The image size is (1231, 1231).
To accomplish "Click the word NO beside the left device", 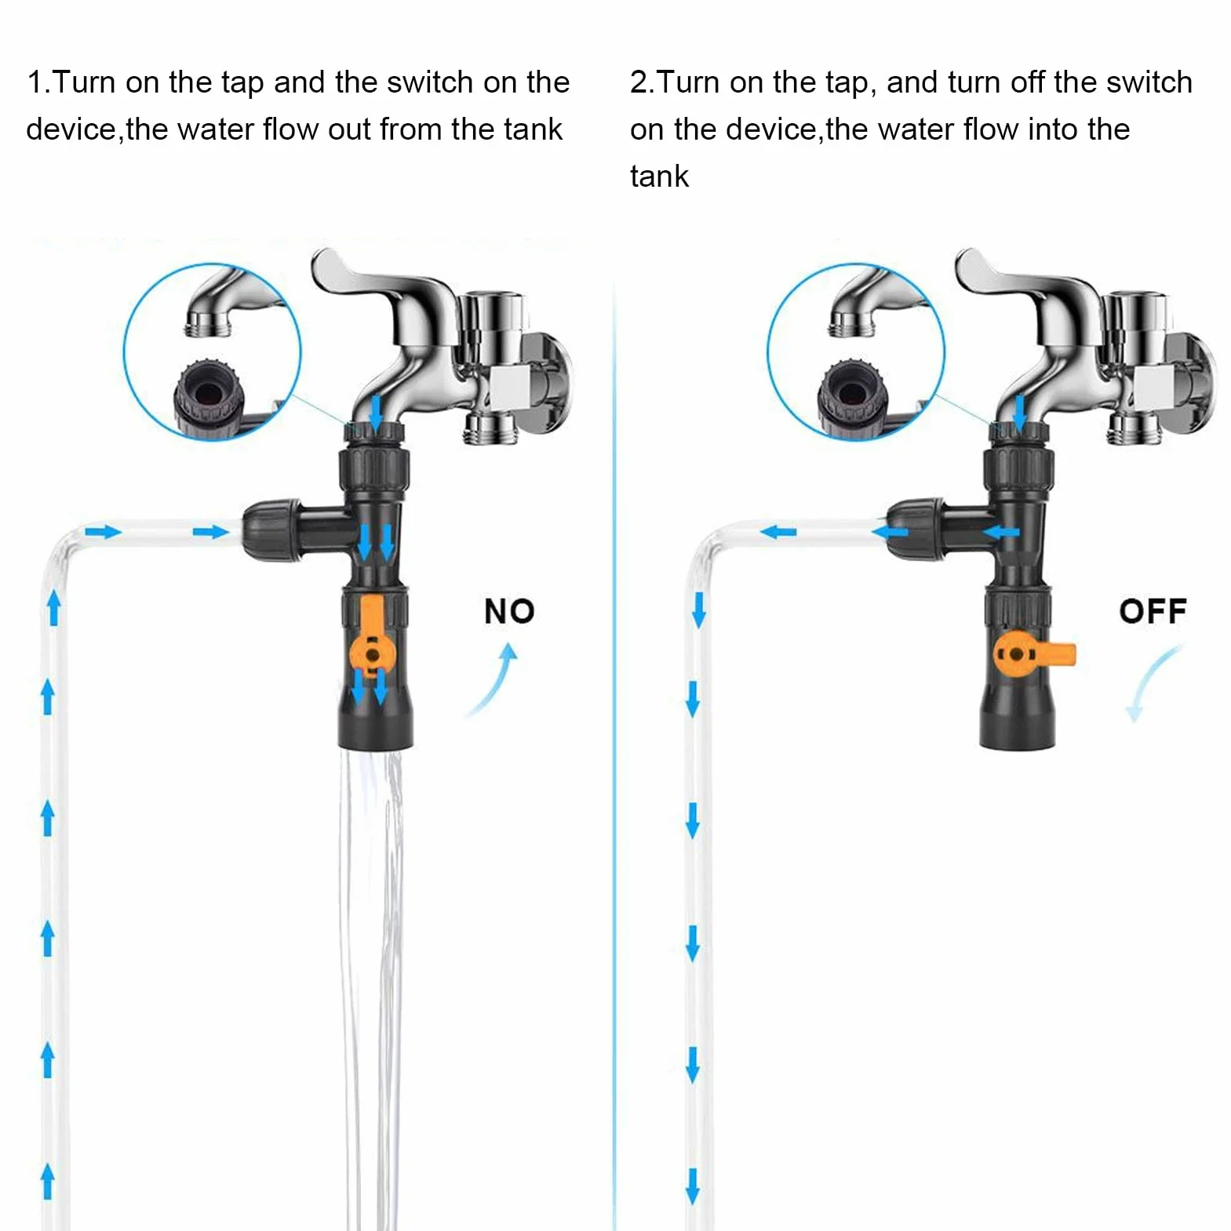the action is pos(509,611).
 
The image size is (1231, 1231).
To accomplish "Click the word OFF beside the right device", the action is pos(1153,611).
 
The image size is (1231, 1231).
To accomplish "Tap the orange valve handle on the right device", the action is pos(1033,654).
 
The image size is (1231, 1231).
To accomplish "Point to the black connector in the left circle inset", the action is pos(209,396).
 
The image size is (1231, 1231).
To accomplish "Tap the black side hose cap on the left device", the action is pos(271,530).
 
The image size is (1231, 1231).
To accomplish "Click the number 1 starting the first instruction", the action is pos(34,82).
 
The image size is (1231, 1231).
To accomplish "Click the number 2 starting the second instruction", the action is pos(639,82).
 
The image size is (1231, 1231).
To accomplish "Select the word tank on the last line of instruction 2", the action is pos(659,177).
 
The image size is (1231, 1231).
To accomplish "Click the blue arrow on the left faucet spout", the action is pos(376,411).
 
